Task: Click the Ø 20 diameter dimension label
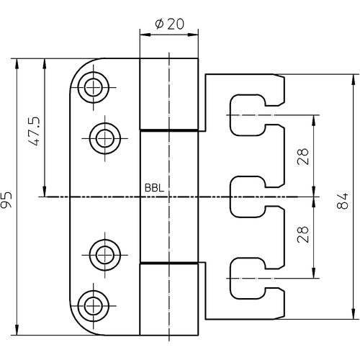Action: click(x=169, y=24)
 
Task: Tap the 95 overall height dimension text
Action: click(x=6, y=199)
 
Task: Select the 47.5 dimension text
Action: click(x=34, y=132)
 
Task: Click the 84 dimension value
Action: click(x=342, y=201)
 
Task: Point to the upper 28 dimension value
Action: click(x=302, y=156)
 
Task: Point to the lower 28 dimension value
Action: click(x=302, y=234)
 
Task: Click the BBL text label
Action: click(x=154, y=188)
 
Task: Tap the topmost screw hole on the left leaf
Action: click(x=94, y=87)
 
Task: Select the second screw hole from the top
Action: click(x=105, y=138)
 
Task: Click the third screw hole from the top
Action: click(x=105, y=255)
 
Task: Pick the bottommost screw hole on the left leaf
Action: click(x=94, y=306)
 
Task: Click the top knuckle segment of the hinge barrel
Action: click(x=169, y=94)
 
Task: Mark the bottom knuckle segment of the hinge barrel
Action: click(x=169, y=300)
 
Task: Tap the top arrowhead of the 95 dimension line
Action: click(x=17, y=64)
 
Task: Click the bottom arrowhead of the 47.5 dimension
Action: click(x=45, y=192)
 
